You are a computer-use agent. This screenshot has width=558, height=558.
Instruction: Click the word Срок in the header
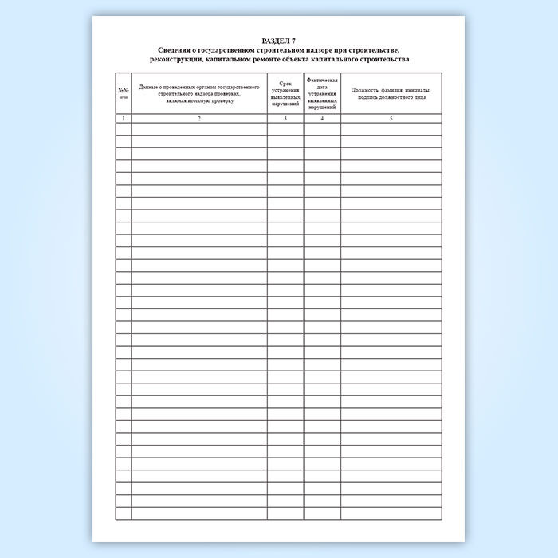coord(285,82)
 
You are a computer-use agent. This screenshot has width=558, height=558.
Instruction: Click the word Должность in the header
coord(367,91)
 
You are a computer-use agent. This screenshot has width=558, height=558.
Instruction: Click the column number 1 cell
coord(123,118)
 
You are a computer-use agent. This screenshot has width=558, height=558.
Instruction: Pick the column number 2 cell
coord(198,118)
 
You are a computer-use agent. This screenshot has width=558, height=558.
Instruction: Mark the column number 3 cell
coord(285,118)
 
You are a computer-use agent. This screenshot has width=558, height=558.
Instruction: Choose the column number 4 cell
coord(322,118)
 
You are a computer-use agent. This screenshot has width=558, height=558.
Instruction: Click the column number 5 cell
coord(391,118)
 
